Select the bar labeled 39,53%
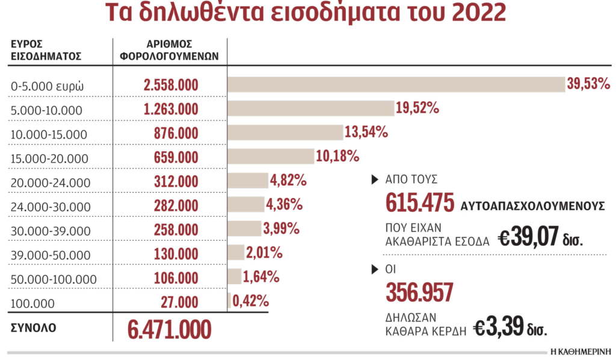coord(396,84)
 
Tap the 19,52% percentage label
coord(417,108)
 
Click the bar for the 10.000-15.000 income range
coord(285,132)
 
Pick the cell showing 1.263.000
coord(171,109)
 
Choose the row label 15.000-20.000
coord(50,158)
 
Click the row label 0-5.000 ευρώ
coord(48,86)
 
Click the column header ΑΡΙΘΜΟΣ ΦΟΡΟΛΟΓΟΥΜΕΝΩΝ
coord(170,51)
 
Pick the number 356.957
coord(419,292)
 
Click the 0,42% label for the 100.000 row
coord(250,300)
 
